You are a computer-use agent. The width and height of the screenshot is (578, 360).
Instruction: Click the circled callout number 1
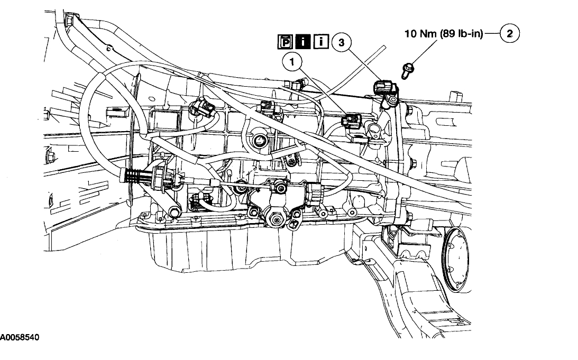[291, 62]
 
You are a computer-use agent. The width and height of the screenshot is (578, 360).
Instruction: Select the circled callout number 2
[510, 34]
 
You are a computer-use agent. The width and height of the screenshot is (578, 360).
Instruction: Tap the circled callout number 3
[341, 44]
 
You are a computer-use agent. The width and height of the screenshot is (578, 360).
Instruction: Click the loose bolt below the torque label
[408, 69]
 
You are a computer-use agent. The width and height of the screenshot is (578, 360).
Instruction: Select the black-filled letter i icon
[304, 41]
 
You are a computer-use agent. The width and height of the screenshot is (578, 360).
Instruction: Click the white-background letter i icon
[320, 41]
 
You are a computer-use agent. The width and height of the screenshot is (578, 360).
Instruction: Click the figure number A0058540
[19, 337]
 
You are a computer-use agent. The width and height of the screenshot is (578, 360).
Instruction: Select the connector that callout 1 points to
[351, 121]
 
